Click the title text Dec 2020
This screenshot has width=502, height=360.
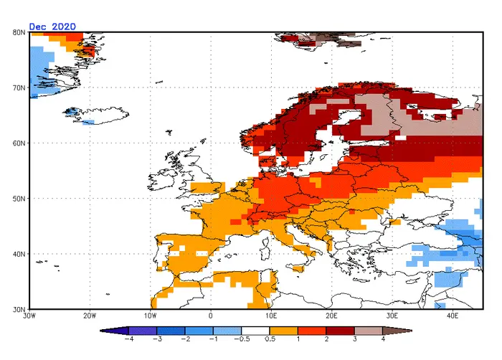52,27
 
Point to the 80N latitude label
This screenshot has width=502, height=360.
19,32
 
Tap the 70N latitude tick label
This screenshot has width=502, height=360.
19,87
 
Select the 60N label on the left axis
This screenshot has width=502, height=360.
19,143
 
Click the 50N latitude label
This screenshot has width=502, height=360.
19,199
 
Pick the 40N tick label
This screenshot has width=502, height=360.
19,254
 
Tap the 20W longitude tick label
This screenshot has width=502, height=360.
90,316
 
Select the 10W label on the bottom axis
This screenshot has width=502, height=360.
150,316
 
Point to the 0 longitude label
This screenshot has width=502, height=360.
210,316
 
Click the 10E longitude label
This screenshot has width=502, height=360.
271,316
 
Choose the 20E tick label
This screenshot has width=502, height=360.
331,316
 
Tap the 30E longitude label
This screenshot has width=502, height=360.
392,316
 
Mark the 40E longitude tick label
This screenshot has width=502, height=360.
453,316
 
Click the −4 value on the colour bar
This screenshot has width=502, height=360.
128,339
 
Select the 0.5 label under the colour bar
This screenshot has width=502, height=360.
270,339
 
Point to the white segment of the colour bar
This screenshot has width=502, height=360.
255,331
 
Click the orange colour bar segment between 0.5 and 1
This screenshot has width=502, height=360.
284,331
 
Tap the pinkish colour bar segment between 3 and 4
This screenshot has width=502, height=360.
368,331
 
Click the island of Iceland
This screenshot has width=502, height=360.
96,115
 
